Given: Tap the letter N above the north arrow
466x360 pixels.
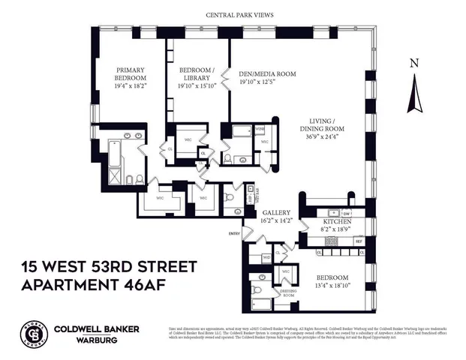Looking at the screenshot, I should (414, 63).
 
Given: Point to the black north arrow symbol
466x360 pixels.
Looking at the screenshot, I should (413, 94).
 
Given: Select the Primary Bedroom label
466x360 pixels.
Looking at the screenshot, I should (130, 77).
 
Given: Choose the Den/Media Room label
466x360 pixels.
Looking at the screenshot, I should (266, 73).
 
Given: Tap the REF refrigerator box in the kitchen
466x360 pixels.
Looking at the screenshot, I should (359, 241).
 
